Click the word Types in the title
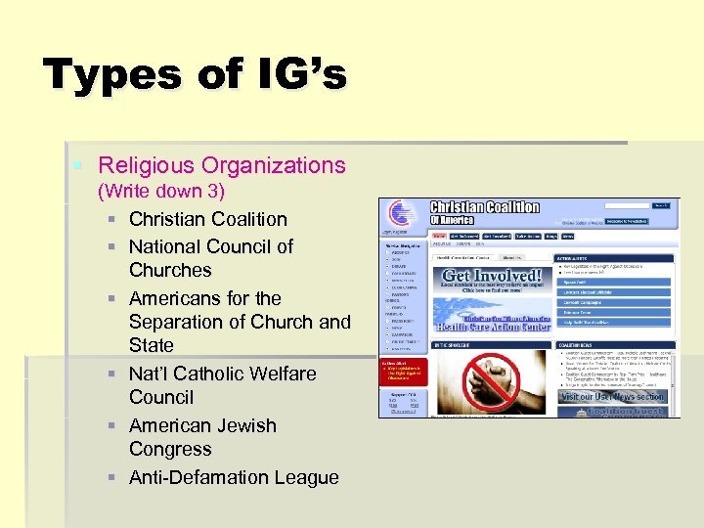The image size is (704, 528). pyautogui.click(x=110, y=75)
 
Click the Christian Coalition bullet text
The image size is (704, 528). pyautogui.click(x=207, y=219)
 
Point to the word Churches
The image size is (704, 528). pyautogui.click(x=170, y=270)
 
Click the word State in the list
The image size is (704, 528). pyautogui.click(x=151, y=345)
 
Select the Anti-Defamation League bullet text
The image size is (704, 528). pyautogui.click(x=234, y=477)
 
